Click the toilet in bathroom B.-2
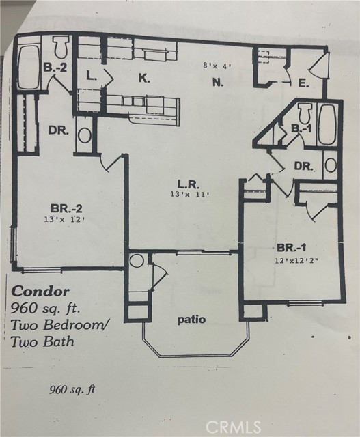coord(61,48)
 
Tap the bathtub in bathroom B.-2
coord(29,67)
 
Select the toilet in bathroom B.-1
coord(305,113)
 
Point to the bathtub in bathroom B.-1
coord(327,124)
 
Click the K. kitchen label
coord(144,79)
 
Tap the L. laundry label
coord(91,76)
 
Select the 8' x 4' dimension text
coord(217,66)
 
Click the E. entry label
coord(303,83)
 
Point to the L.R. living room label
coord(189,184)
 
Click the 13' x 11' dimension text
coord(190,194)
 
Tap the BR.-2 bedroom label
coord(66,208)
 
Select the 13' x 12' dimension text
coord(64,219)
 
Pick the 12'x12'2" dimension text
coord(296,261)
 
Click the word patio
coord(191,320)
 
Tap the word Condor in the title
coord(40,292)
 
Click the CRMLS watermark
coord(234,427)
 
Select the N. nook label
coord(218,82)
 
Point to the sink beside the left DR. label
coord(84,135)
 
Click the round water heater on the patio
coord(137,261)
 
